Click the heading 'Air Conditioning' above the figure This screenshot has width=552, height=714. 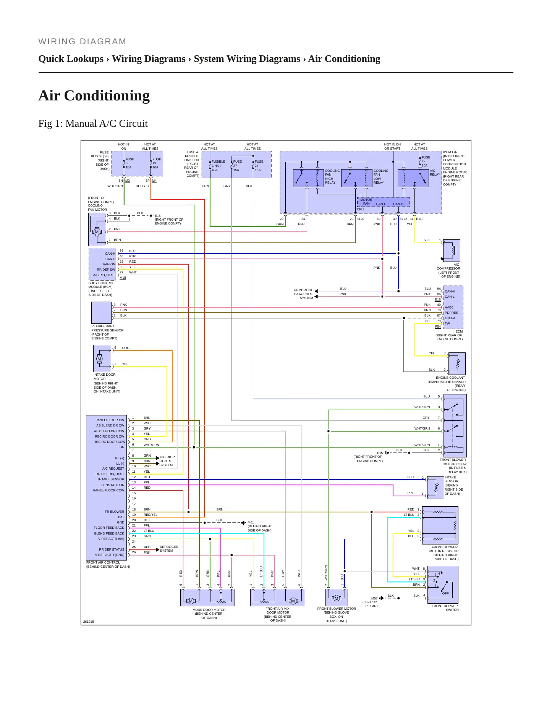(x=94, y=95)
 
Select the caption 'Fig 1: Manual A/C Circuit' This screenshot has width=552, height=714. (x=93, y=124)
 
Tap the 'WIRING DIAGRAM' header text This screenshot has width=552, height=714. (x=82, y=42)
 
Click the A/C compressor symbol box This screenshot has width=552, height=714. (x=452, y=250)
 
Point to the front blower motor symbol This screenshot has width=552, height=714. (x=337, y=598)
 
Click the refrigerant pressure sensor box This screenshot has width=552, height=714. (x=101, y=313)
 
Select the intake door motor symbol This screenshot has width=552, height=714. (x=102, y=359)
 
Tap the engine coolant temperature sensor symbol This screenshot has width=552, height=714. (x=457, y=363)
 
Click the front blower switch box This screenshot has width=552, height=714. (x=443, y=585)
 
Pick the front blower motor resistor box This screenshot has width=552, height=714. (x=440, y=525)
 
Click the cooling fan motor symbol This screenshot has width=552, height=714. (x=97, y=229)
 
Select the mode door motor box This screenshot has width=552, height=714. (x=207, y=598)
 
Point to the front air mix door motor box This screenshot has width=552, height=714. (x=278, y=598)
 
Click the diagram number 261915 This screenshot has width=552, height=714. (x=89, y=622)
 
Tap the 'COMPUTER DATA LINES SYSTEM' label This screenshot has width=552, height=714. (x=303, y=294)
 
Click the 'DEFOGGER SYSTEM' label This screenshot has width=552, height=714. (x=169, y=549)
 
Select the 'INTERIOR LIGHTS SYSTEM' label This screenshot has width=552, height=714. (x=167, y=461)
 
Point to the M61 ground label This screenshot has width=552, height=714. (x=251, y=522)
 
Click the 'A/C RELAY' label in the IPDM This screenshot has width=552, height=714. (x=435, y=173)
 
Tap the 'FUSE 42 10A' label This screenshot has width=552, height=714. (x=426, y=161)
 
